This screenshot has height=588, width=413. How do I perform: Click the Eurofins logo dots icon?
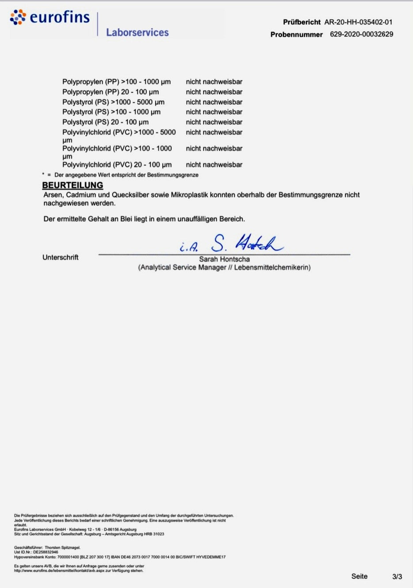[18, 17]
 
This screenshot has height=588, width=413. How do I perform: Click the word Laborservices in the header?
[137, 32]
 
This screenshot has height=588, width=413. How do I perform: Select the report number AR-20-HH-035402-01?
[358, 22]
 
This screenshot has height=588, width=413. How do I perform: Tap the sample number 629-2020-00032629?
[361, 34]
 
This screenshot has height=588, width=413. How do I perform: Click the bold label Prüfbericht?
[302, 22]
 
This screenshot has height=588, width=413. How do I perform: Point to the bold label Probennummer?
[296, 34]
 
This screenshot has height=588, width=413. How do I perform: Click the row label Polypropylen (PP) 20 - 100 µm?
[111, 92]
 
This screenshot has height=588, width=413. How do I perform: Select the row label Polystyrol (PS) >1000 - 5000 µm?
[113, 102]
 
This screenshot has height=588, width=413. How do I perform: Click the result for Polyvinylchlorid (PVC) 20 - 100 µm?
[214, 165]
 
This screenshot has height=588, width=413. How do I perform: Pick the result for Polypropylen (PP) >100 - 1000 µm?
[214, 82]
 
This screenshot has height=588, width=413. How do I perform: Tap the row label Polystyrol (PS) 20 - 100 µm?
[105, 122]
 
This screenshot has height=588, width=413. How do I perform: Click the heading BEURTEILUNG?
[73, 185]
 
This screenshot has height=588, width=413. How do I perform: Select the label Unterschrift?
[60, 257]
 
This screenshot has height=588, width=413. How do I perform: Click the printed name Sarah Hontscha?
[224, 260]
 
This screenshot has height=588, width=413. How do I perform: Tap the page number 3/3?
[397, 577]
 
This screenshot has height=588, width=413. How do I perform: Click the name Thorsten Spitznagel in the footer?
[62, 547]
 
